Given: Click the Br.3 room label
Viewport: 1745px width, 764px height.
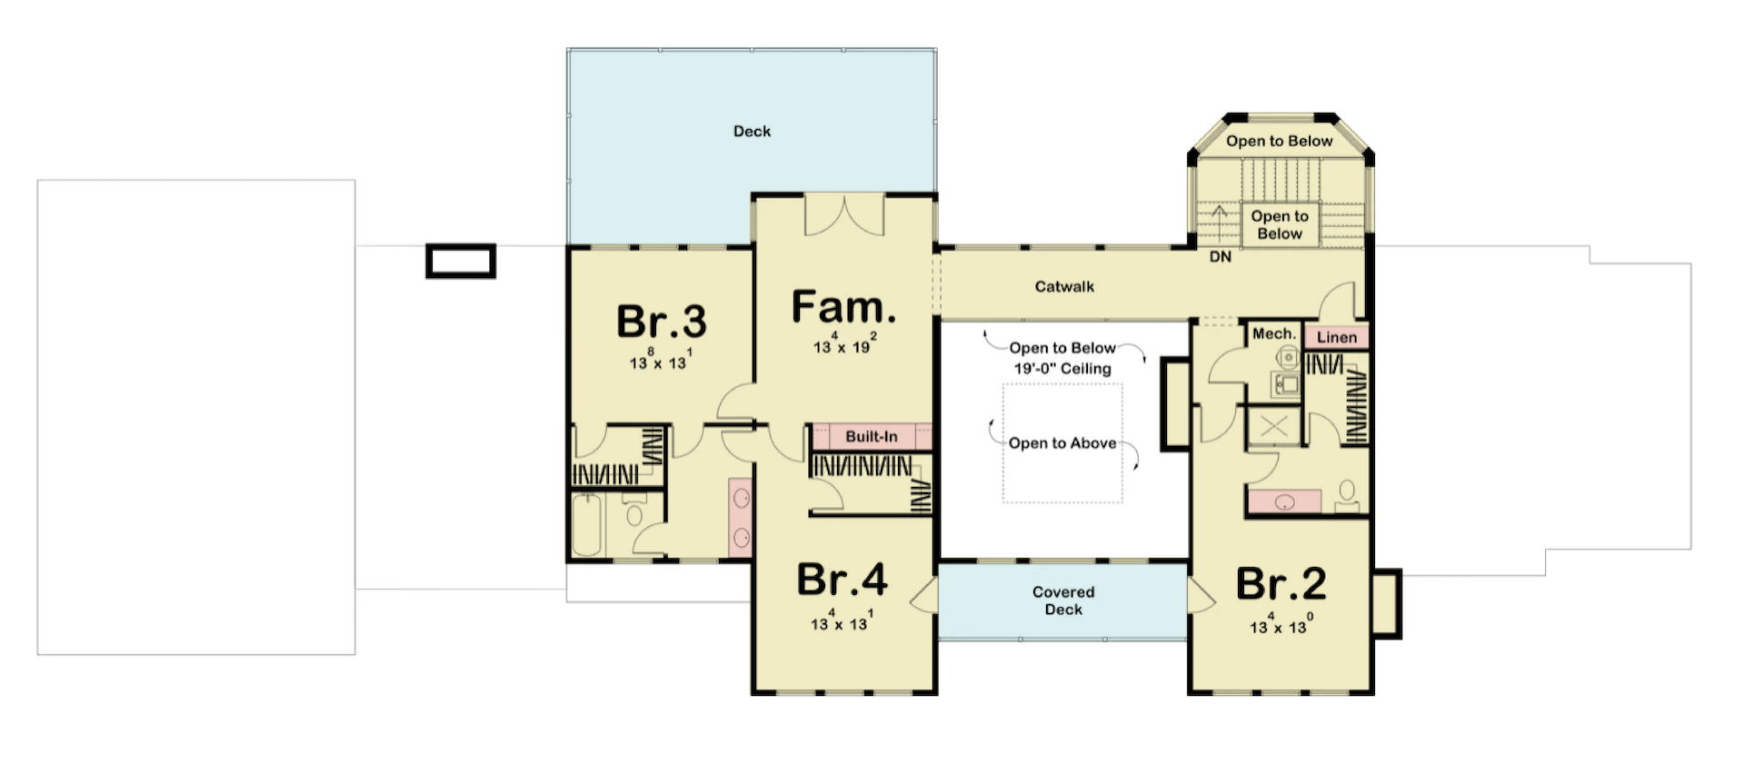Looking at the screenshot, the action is point(661,321).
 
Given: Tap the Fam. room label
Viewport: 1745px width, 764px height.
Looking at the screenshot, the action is point(843,307).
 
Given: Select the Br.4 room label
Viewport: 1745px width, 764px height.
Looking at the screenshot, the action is point(842,580).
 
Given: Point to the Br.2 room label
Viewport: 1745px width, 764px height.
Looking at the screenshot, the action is point(1281,584).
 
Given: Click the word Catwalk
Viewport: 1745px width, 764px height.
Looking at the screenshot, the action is point(1064,286).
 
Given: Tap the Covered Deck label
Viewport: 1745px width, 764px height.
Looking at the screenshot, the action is point(1063,600).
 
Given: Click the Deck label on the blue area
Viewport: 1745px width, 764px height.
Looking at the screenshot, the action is point(752,131).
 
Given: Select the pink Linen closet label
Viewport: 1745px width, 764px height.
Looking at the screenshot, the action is point(1337,337).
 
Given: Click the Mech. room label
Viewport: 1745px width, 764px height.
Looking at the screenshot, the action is point(1274,333).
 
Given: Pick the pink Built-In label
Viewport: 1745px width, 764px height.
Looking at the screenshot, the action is point(871,436).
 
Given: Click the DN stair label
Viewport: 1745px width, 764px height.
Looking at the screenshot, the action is point(1221,257).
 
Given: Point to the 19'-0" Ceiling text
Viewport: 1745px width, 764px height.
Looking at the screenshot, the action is point(1062,369).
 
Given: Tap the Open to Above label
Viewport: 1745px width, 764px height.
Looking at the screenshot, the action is point(1062,443).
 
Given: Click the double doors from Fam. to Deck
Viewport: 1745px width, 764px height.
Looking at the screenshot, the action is point(845,214).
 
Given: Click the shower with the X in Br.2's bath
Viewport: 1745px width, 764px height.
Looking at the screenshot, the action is point(1274,426).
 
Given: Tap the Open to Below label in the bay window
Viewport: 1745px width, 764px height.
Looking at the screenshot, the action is point(1279,141).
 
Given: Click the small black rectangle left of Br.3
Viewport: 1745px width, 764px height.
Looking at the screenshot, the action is point(461,262).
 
